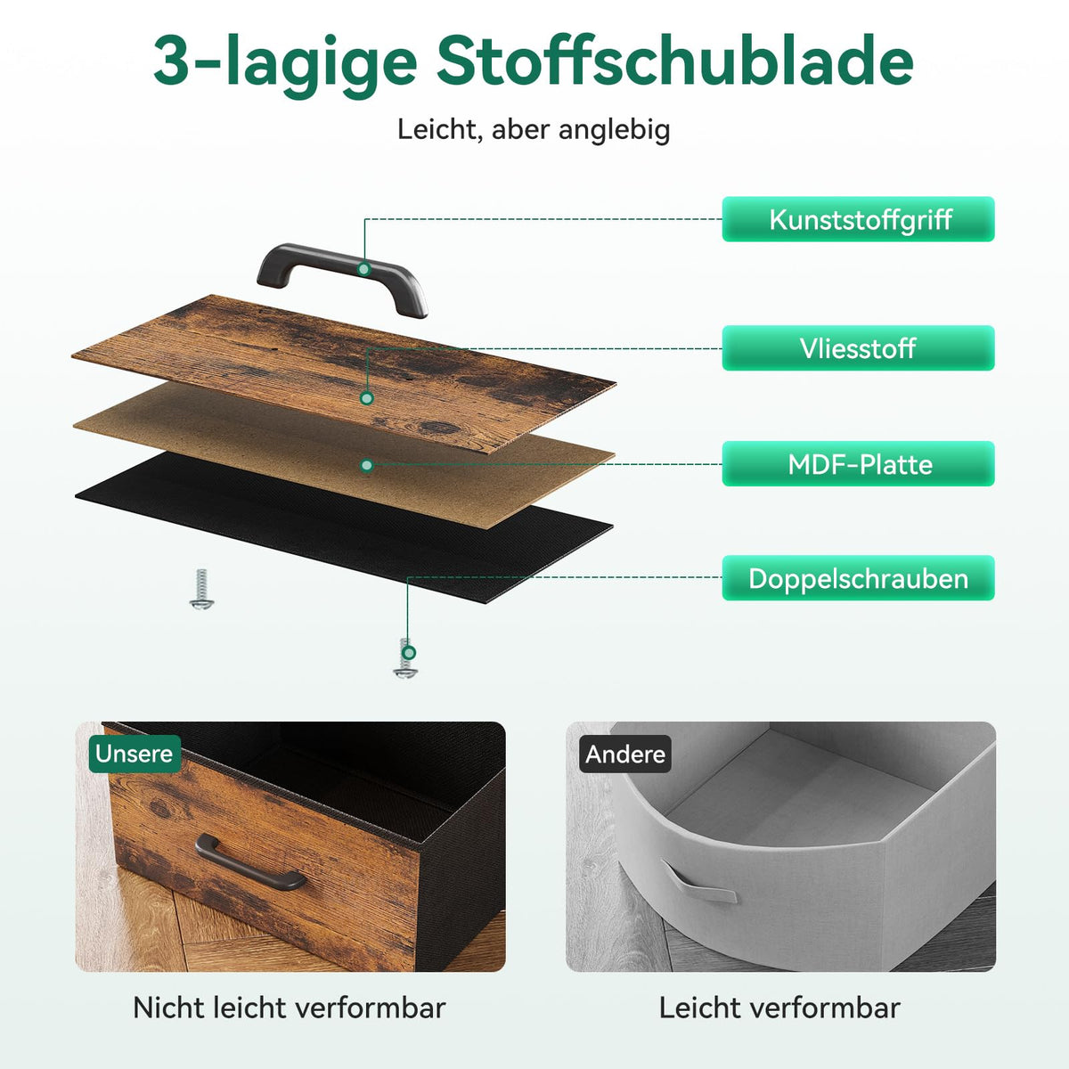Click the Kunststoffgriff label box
[858, 219]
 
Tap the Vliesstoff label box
[858, 347]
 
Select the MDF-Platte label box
[858, 464]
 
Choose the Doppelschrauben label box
[858, 578]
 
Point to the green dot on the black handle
[364, 269]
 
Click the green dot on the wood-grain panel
[366, 397]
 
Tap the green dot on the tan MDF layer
[366, 465]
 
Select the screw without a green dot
[201, 589]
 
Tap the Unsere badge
[135, 754]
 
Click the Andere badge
[625, 754]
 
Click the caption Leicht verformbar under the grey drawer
[779, 1008]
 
